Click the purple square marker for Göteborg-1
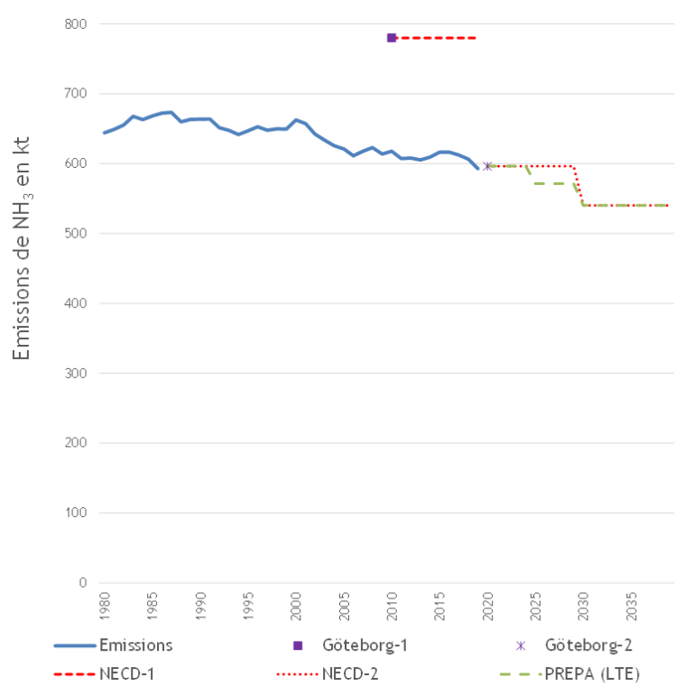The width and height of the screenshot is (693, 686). tap(392, 38)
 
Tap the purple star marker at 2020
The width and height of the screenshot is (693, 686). tap(487, 166)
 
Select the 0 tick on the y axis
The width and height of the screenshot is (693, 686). tap(82, 583)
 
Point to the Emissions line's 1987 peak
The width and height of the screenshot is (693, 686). tap(171, 112)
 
